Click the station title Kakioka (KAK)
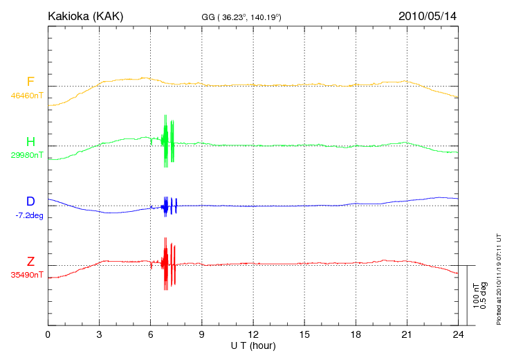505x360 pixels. pyautogui.click(x=86, y=15)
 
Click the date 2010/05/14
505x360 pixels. pyautogui.click(x=427, y=15)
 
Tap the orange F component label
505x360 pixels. pyautogui.click(x=30, y=82)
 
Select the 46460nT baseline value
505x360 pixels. pyautogui.click(x=27, y=95)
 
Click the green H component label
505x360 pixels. pyautogui.click(x=30, y=142)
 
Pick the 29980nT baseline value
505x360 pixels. pyautogui.click(x=27, y=155)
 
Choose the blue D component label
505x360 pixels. pyautogui.click(x=30, y=201)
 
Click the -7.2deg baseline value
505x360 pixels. pyautogui.click(x=29, y=215)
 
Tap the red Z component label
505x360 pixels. pyautogui.click(x=30, y=262)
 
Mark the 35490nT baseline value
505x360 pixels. pyautogui.click(x=27, y=275)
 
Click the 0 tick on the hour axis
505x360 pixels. pyautogui.click(x=48, y=334)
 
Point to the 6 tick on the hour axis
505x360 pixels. pyautogui.click(x=150, y=334)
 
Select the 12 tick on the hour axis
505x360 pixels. pyautogui.click(x=252, y=334)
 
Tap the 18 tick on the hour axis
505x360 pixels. pyautogui.click(x=355, y=334)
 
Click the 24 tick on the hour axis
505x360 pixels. pyautogui.click(x=457, y=334)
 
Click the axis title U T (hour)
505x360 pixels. pyautogui.click(x=252, y=345)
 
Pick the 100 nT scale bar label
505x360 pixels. pyautogui.click(x=477, y=295)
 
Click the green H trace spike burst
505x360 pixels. pyautogui.click(x=167, y=141)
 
